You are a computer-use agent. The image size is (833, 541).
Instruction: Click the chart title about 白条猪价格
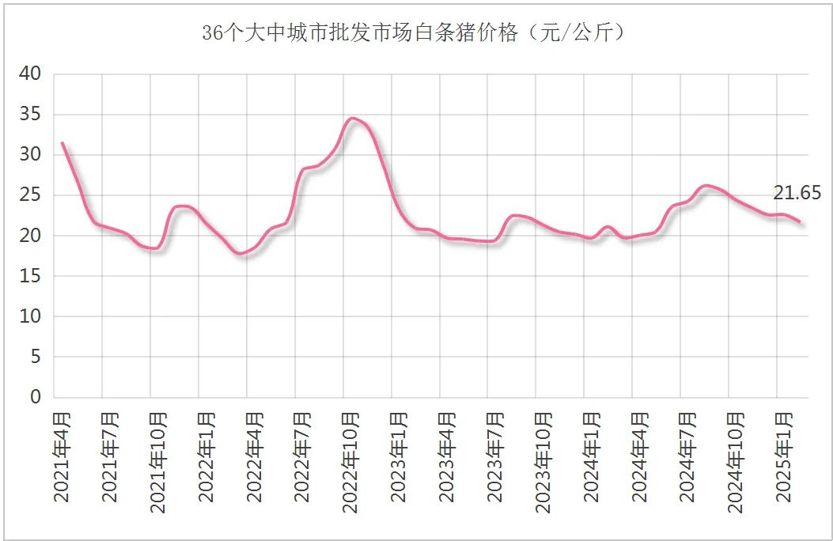[x=415, y=33]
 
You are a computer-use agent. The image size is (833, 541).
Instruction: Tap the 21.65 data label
[x=797, y=193]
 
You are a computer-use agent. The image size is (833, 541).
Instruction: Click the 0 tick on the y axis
[x=36, y=397]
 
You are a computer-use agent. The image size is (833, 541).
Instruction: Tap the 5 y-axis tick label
[x=36, y=357]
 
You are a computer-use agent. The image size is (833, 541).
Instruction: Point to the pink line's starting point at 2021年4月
[x=62, y=143]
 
